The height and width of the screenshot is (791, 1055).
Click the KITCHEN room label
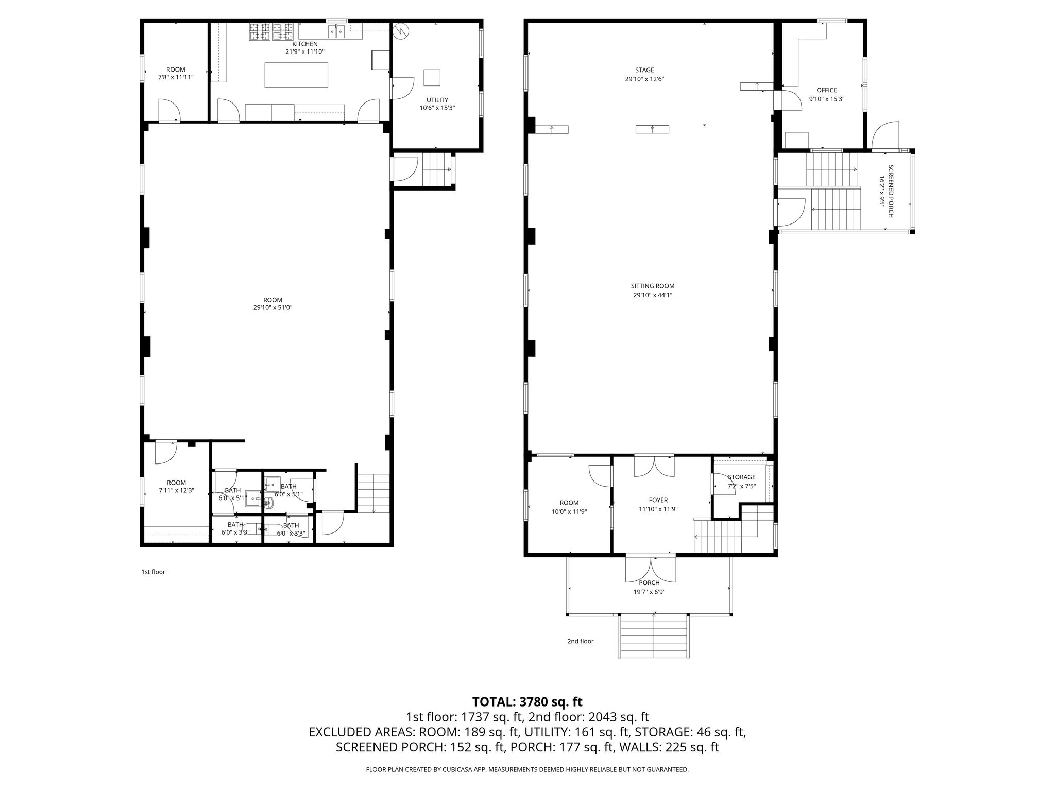click(x=305, y=44)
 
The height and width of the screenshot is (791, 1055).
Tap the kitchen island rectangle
click(x=296, y=75)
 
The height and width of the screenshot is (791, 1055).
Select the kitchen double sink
click(x=337, y=32)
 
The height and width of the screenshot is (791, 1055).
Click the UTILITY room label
click(x=437, y=100)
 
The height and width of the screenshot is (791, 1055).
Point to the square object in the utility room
click(x=432, y=77)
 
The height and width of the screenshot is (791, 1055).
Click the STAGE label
click(x=644, y=70)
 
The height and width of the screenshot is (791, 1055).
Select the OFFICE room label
click(x=827, y=90)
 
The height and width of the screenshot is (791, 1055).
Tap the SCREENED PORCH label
click(x=891, y=191)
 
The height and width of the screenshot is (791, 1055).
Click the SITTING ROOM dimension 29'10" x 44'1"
click(x=653, y=295)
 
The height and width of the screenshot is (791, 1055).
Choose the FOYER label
click(x=658, y=500)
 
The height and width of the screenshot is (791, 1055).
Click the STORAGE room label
click(x=741, y=477)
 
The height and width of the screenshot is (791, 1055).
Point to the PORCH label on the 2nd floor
click(x=649, y=583)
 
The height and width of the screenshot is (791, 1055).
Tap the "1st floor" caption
click(x=154, y=572)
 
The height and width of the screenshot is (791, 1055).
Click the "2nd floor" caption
click(x=581, y=641)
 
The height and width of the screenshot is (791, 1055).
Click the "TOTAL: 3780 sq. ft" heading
click(x=527, y=702)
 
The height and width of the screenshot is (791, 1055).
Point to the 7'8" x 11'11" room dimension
click(x=176, y=78)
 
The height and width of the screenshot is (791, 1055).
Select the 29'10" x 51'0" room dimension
click(x=273, y=308)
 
